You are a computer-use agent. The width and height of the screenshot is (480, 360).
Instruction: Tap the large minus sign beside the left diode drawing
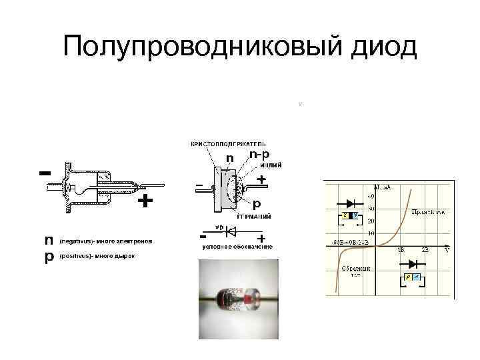[45, 173]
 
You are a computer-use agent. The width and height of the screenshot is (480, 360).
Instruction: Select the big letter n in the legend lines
[49, 239]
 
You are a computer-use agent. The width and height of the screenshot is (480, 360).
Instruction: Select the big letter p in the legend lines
[49, 257]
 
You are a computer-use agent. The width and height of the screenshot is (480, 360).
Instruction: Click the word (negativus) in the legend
[76, 240]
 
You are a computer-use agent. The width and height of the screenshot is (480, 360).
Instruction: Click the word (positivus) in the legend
[75, 256]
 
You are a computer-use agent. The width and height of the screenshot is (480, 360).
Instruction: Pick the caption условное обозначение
[237, 247]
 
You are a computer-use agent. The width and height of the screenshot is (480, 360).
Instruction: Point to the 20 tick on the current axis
[370, 221]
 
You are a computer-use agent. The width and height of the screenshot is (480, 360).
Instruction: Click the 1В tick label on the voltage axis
[401, 249]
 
